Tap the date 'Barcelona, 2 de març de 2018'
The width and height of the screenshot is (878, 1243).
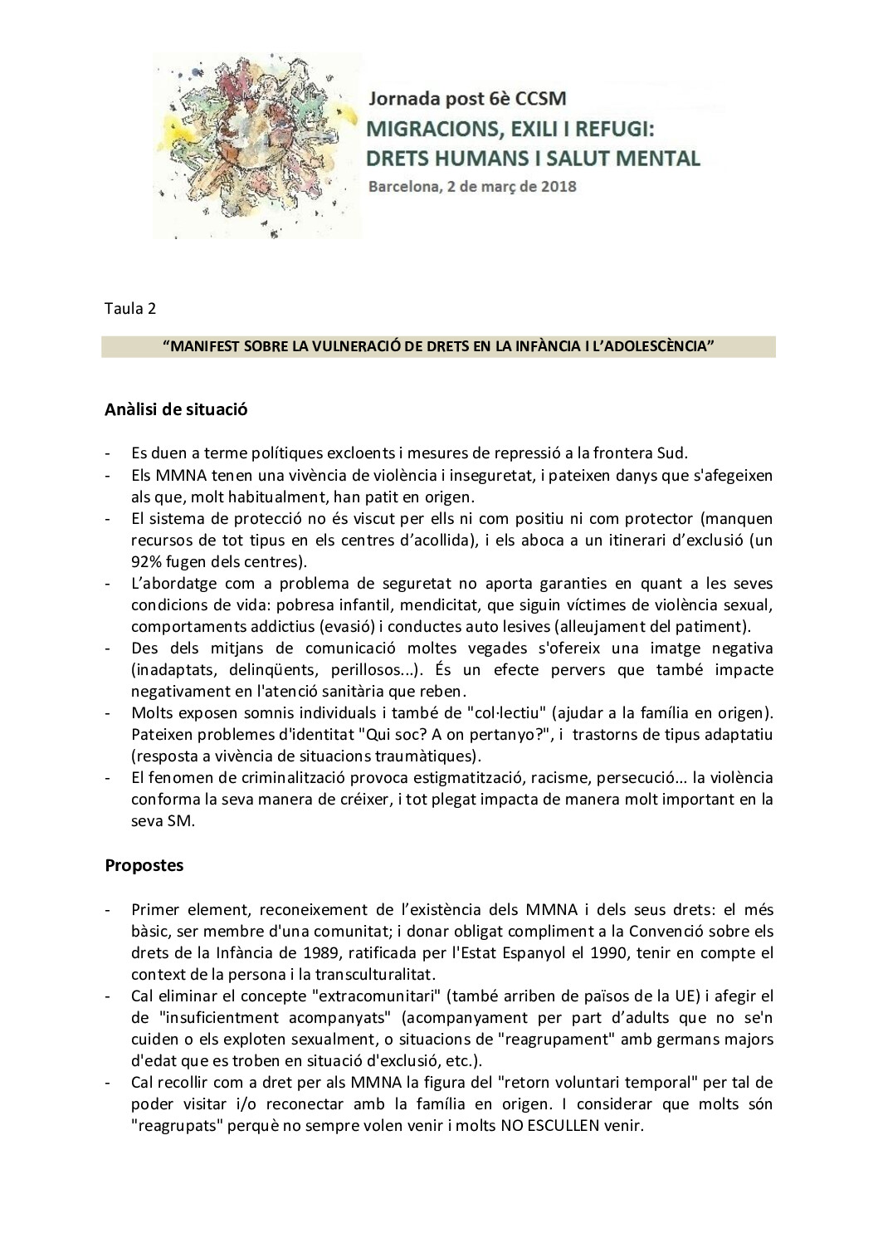click(472, 186)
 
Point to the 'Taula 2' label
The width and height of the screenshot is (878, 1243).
click(129, 308)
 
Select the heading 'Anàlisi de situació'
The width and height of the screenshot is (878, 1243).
click(176, 409)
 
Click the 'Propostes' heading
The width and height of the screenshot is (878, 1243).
click(144, 865)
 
